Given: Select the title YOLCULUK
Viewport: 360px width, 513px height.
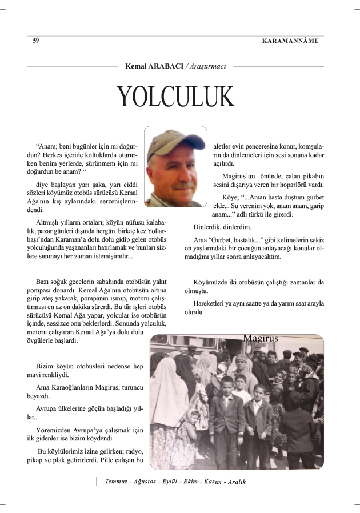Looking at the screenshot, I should tap(176, 98).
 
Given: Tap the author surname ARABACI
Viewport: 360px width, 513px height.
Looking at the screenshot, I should tap(166, 67).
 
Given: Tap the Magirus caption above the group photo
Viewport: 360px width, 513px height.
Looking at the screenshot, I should tap(260, 338).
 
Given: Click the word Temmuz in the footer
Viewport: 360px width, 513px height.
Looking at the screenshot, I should tap(117, 482).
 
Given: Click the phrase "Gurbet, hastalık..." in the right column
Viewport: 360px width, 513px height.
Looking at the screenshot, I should tap(239, 240).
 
